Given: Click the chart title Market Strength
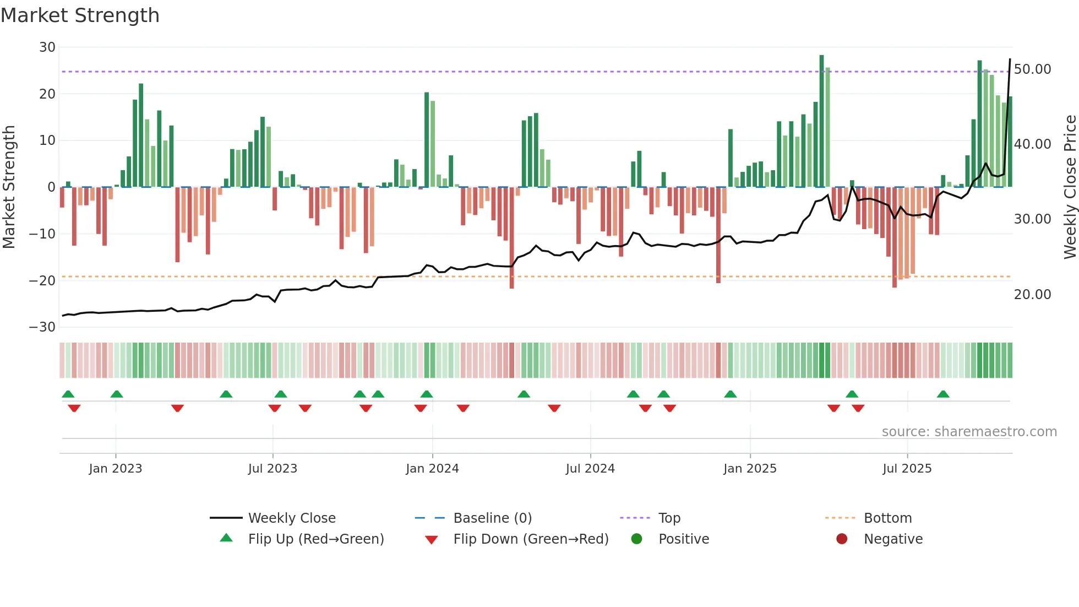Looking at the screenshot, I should click(x=80, y=15).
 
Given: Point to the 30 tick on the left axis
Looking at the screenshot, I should click(x=47, y=47).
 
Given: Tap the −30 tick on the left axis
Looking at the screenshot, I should click(x=42, y=327).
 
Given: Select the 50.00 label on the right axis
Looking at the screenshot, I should click(x=1032, y=69).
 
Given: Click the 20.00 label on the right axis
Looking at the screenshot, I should click(x=1032, y=295).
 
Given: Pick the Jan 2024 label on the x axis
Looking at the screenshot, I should click(x=432, y=469).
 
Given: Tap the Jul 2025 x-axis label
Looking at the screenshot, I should click(x=907, y=469).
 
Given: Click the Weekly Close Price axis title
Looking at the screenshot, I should click(x=1070, y=187).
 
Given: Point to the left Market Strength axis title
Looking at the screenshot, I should click(x=9, y=187).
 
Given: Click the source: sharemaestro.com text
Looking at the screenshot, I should click(x=969, y=432).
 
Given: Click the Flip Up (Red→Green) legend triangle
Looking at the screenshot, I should click(x=226, y=538).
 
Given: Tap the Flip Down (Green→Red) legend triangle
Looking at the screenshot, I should click(x=432, y=540).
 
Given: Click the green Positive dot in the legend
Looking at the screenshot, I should click(x=636, y=539).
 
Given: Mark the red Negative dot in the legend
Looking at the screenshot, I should click(x=842, y=539).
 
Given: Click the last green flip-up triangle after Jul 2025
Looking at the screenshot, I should click(x=943, y=394).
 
